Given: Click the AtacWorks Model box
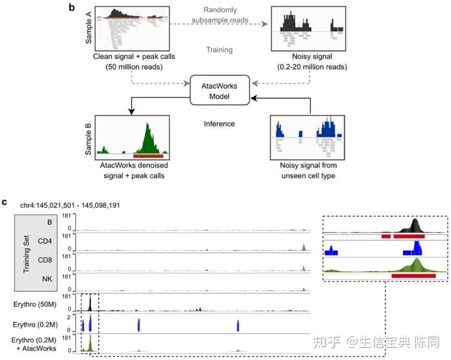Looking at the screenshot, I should [x=219, y=91].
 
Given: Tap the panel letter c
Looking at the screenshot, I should [x=5, y=201].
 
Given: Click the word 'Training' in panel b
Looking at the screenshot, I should [x=219, y=50].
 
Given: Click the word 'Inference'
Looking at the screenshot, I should [x=219, y=124].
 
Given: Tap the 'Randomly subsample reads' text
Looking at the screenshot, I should [x=219, y=15].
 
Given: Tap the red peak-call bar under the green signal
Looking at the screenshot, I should [x=414, y=275].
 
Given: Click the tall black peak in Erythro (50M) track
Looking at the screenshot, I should [x=90, y=303].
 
